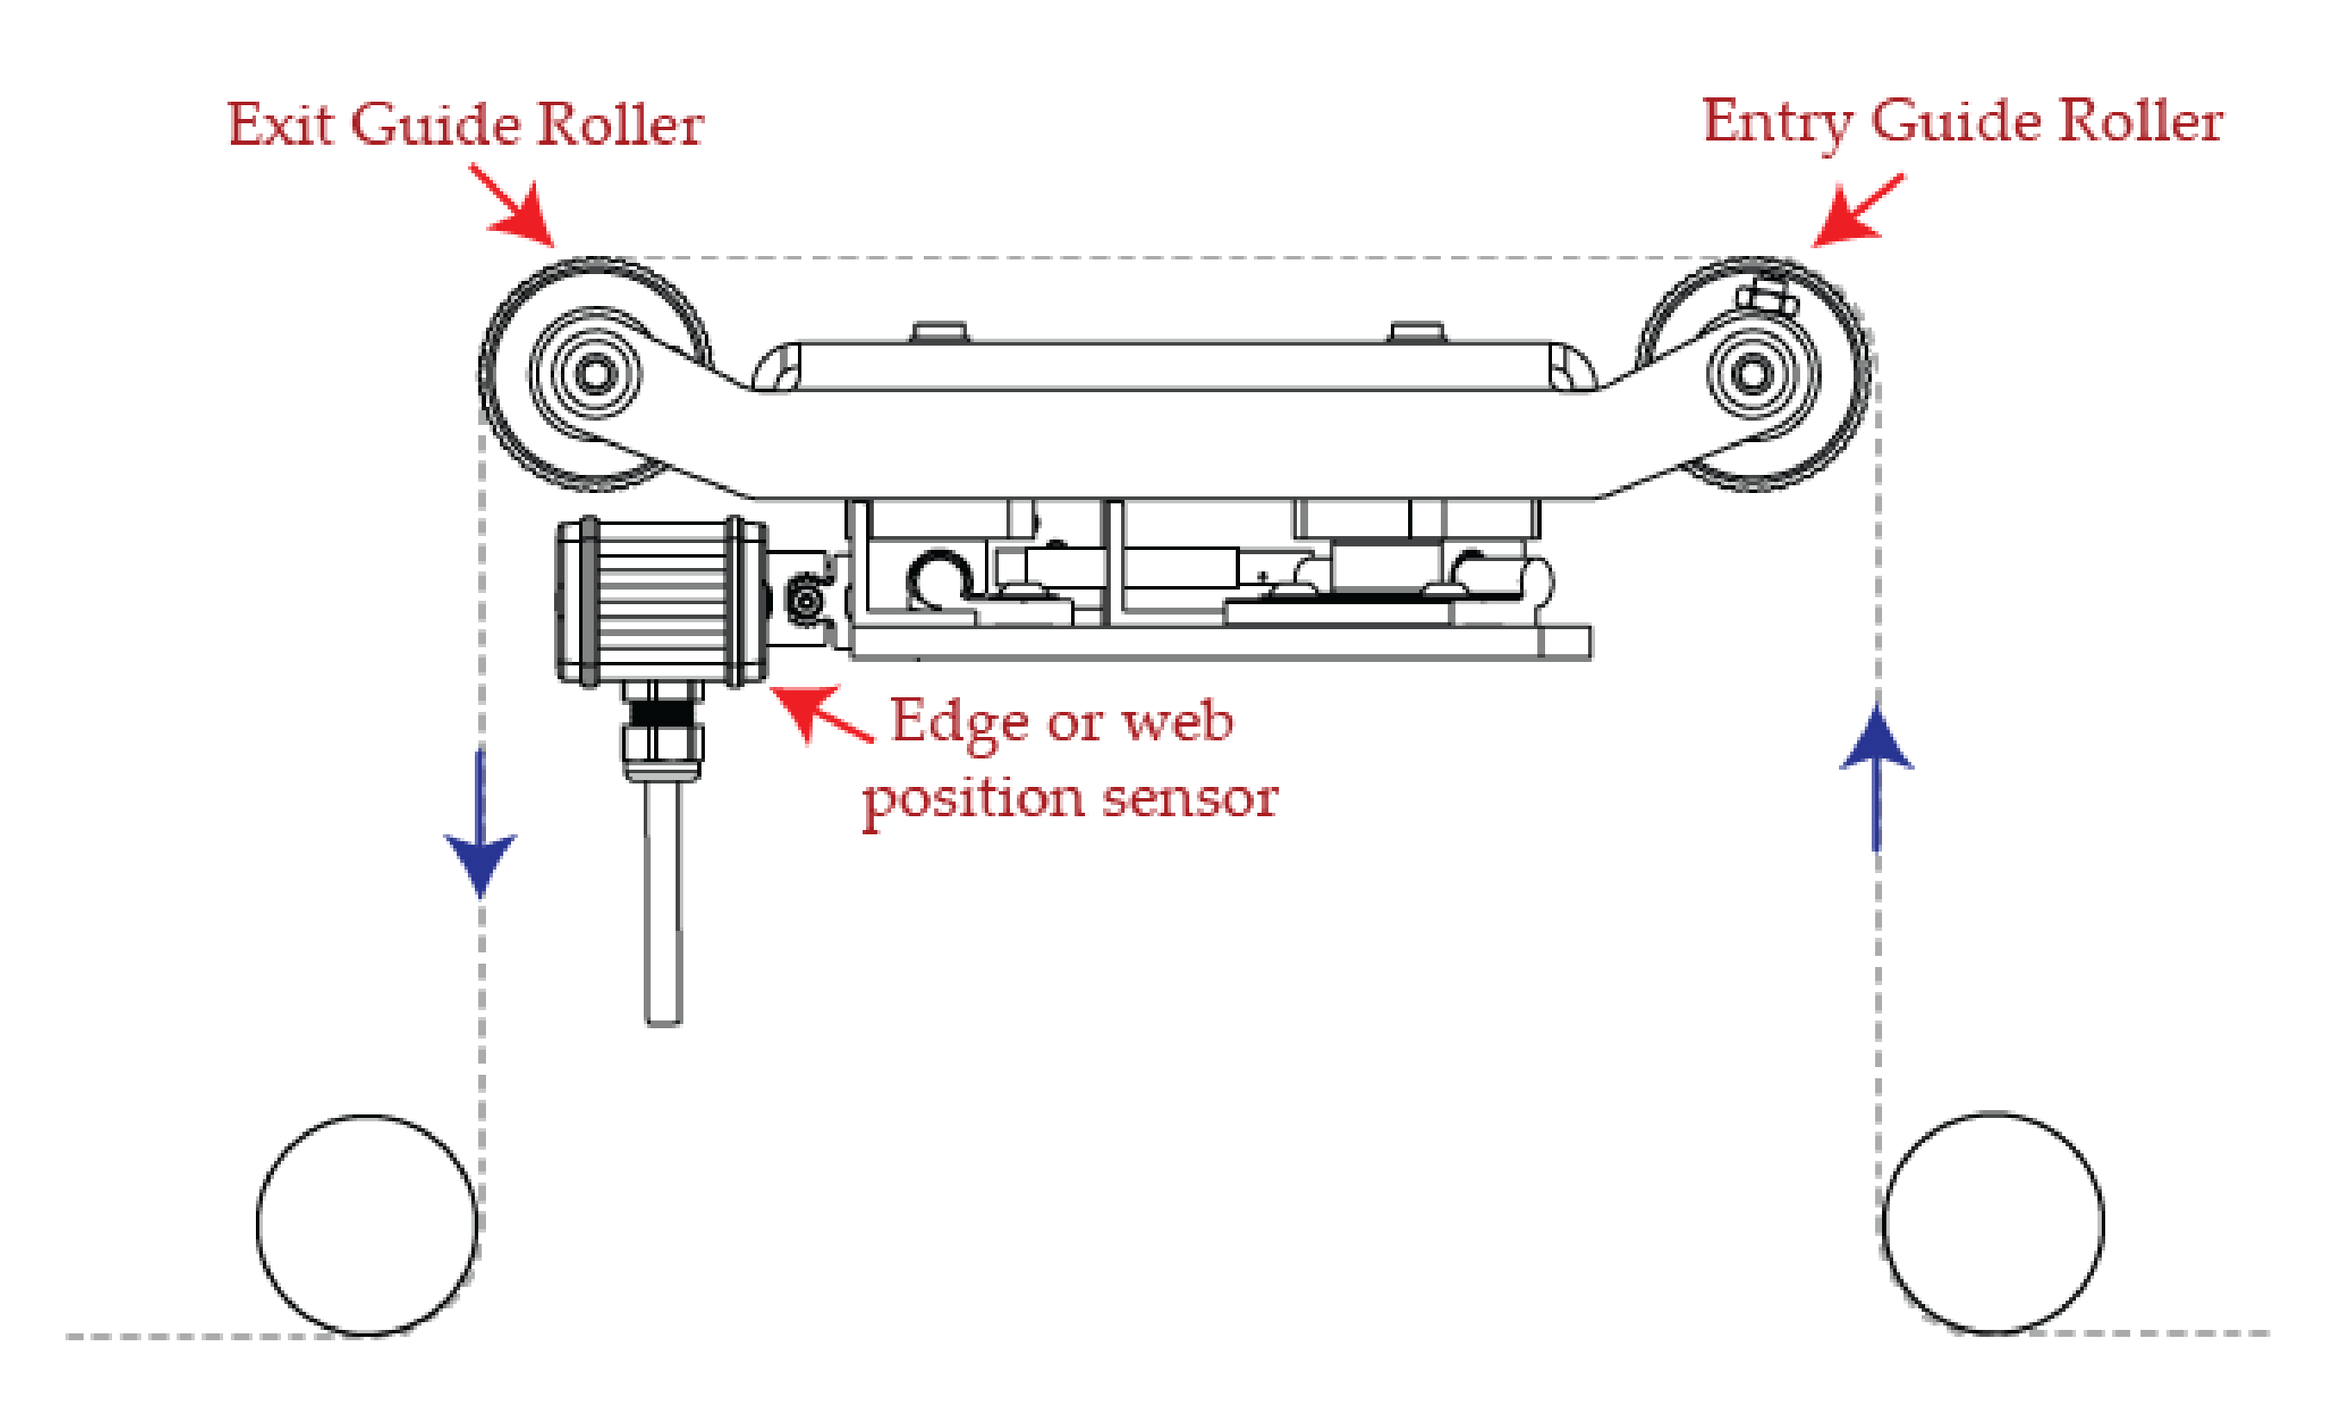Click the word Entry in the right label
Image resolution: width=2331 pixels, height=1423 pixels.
(1776, 124)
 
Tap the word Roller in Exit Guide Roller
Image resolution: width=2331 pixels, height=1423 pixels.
(620, 124)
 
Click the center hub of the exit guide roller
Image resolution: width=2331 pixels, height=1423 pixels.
(594, 374)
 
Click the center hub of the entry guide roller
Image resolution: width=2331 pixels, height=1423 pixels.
(1752, 374)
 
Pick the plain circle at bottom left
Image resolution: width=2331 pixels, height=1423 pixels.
(367, 1226)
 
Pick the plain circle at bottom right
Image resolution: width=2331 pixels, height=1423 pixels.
(1994, 1222)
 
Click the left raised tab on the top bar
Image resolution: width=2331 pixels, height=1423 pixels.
(938, 331)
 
